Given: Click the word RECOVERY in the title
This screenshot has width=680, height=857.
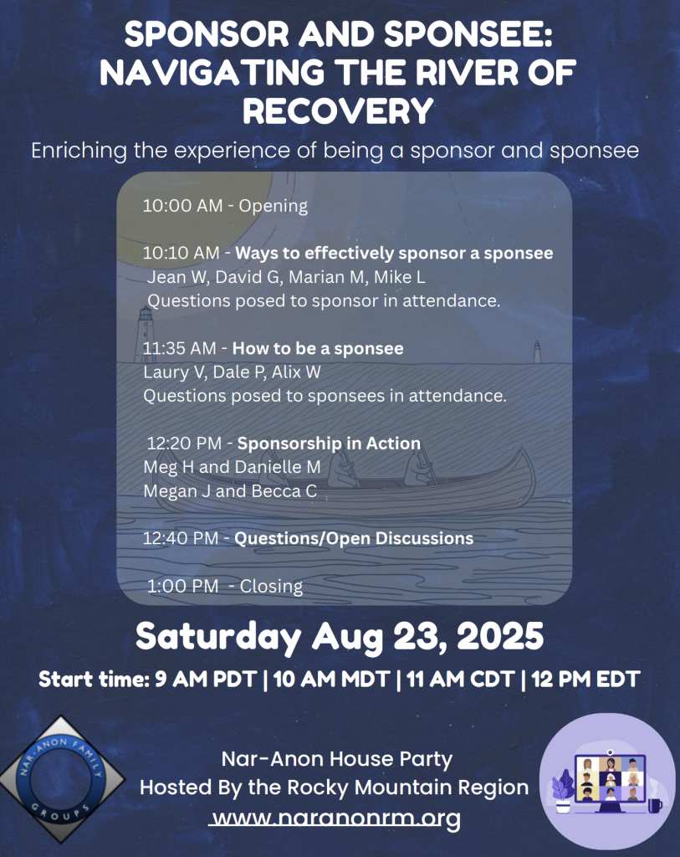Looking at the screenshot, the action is click(338, 111).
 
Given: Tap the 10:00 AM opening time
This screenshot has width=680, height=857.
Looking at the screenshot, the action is click(182, 206).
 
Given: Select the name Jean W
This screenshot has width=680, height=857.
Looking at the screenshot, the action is click(177, 277).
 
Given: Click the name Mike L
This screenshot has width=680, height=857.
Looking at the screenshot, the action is click(399, 277).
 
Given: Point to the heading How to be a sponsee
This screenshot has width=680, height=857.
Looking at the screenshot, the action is click(318, 348).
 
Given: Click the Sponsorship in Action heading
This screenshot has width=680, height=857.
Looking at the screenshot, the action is click(329, 444).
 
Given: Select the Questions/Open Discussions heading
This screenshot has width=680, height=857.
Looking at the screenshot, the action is click(354, 538).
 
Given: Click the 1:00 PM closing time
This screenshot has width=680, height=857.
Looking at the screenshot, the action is click(182, 586).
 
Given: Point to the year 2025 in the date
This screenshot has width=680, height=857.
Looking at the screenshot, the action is click(500, 636).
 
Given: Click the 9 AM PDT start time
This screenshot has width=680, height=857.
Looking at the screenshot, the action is click(206, 680).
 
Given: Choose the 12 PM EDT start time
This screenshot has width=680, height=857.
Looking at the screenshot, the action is click(585, 680).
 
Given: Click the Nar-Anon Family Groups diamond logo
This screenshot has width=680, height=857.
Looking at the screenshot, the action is click(61, 779).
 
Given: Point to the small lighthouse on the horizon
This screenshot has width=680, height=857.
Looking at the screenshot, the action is click(538, 352).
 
